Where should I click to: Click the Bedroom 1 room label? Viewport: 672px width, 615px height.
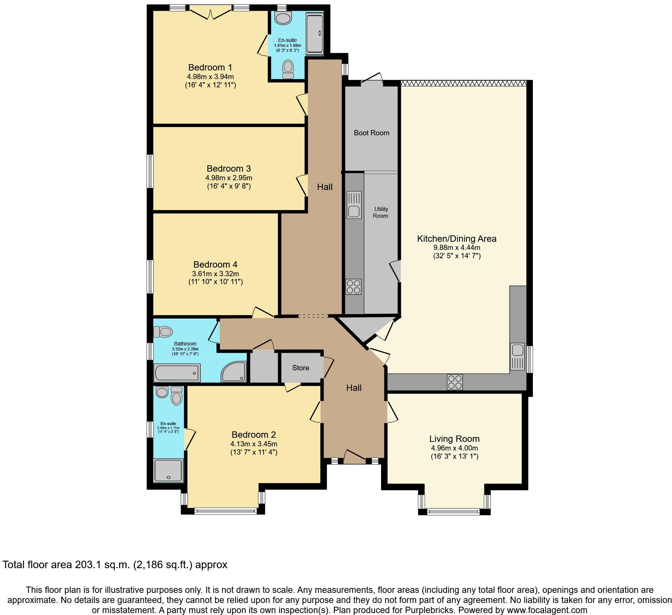tap(210, 67)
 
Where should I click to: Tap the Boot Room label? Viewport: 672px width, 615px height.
tap(371, 133)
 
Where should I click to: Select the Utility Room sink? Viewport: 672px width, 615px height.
tap(354, 205)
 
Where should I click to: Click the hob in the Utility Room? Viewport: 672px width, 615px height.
tap(353, 287)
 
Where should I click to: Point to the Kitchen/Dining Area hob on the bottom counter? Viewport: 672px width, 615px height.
tap(454, 382)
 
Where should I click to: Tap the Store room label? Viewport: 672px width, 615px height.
tap(301, 368)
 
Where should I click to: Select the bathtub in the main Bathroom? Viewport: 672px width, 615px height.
tap(177, 373)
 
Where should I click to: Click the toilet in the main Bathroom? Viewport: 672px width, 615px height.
tap(163, 332)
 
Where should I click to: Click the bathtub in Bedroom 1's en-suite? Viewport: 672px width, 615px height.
tap(314, 34)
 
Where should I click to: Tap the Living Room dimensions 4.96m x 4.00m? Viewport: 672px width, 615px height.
tap(454, 448)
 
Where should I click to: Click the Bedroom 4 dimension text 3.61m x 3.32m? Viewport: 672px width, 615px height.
tap(216, 274)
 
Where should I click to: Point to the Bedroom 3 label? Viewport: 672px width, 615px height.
tap(228, 168)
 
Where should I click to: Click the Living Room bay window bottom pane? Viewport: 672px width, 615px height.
tap(454, 510)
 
